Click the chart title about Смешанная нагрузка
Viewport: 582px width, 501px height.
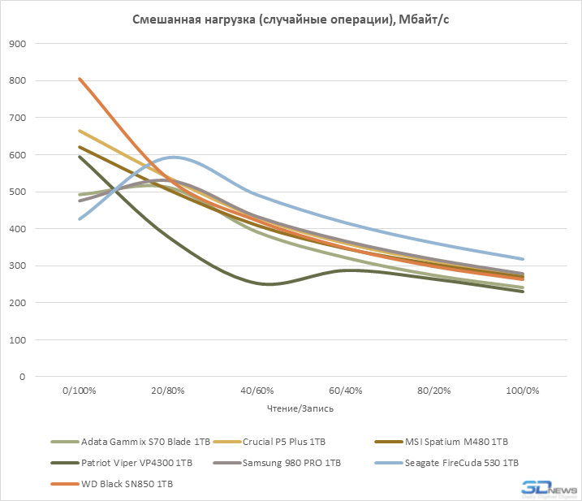point(291,20)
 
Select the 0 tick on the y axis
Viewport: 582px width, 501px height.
point(21,378)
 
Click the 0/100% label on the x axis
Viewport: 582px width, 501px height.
point(80,391)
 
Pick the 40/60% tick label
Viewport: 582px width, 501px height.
point(257,391)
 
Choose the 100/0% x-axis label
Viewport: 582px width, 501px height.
point(522,391)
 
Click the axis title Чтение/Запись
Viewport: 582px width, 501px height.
point(300,408)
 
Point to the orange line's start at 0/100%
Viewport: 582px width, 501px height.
point(80,79)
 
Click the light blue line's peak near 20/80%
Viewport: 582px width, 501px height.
point(173,157)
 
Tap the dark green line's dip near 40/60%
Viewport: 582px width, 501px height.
point(269,284)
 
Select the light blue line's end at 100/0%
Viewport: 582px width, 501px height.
point(522,259)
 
